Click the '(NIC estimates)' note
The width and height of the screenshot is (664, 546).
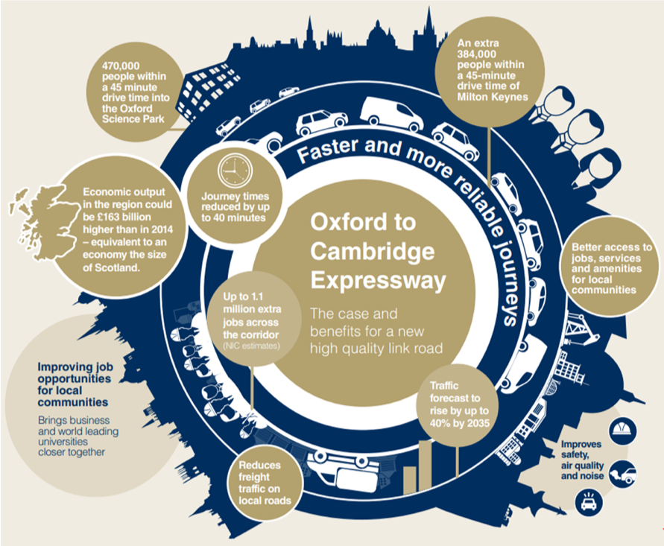click(x=250, y=346)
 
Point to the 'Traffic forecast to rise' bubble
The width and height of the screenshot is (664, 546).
click(x=459, y=411)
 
